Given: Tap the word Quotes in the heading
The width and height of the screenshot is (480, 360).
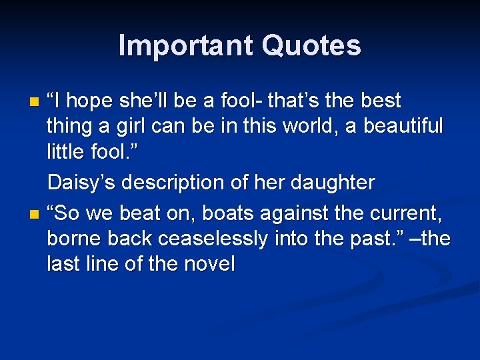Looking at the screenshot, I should pos(311,46).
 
